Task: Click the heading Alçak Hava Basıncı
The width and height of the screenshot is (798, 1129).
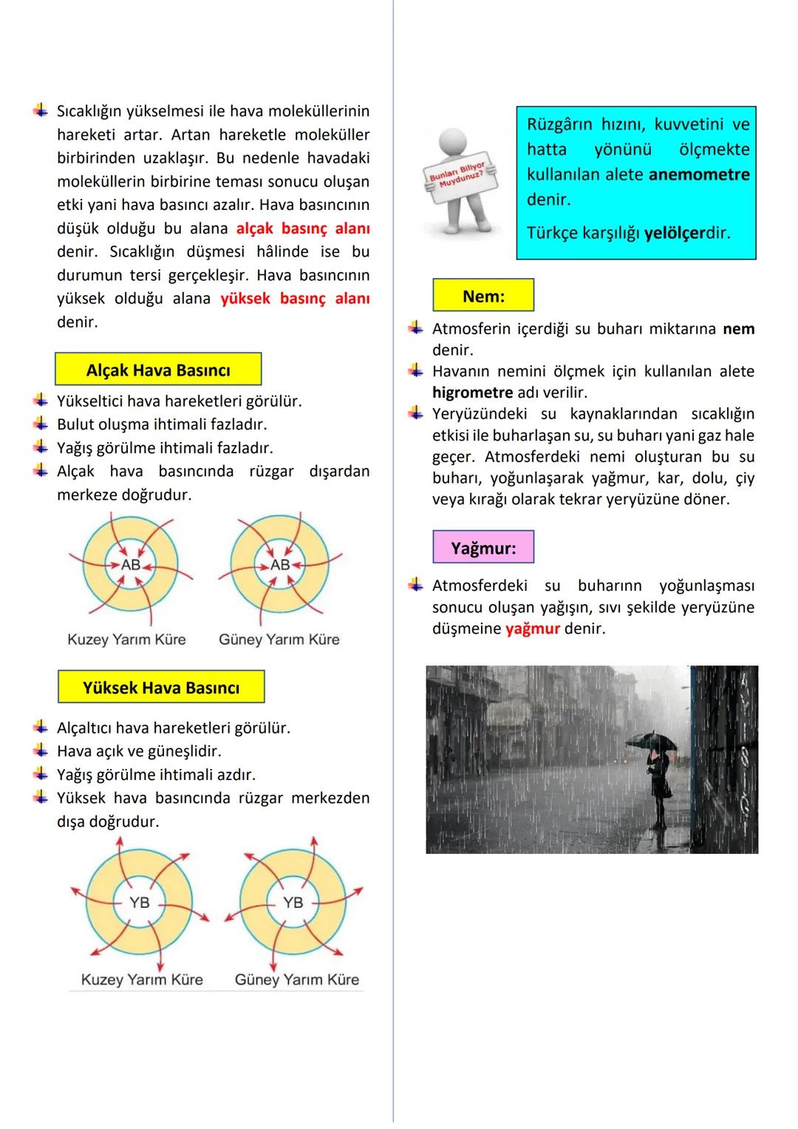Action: (158, 370)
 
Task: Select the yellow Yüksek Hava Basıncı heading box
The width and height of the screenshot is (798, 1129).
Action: (161, 688)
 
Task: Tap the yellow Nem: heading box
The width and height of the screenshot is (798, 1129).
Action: (483, 296)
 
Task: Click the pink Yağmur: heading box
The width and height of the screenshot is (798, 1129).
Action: (483, 548)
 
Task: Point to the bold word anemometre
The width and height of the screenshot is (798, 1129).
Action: (699, 174)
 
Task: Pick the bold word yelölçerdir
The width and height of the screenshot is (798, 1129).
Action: (686, 233)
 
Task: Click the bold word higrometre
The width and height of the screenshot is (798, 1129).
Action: (472, 392)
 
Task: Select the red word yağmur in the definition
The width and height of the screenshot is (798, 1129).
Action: (532, 629)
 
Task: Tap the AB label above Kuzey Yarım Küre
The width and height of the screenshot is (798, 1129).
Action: (131, 564)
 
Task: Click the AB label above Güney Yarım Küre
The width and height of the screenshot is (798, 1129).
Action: (280, 564)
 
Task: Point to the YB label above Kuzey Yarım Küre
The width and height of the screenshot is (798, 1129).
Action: (140, 902)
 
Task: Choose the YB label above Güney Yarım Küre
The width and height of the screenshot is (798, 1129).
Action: (293, 902)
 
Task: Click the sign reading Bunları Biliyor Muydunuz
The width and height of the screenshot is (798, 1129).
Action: (459, 176)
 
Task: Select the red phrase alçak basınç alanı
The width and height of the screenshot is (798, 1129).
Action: (303, 228)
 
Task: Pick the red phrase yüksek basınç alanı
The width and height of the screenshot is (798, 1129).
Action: (295, 299)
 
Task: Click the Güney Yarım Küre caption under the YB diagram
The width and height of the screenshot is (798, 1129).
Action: (297, 980)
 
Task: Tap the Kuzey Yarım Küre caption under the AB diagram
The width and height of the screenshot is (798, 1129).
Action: (126, 640)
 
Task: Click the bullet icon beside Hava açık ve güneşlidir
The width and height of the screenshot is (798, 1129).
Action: (41, 750)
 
